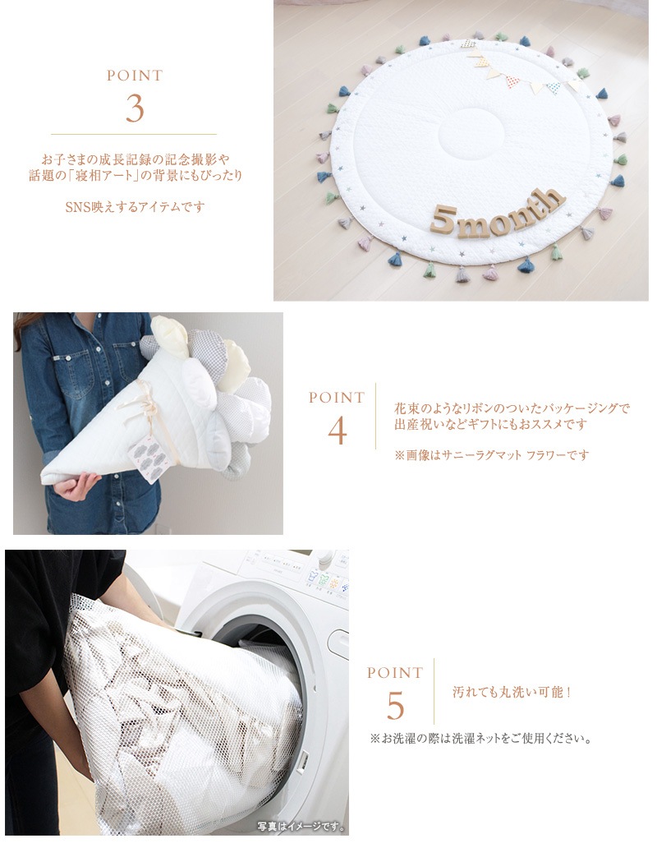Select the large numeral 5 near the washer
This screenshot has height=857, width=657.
(395, 706)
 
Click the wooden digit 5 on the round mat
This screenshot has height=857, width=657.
(441, 219)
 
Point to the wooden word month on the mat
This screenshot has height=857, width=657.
(508, 211)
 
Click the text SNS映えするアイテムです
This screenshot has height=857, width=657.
(135, 206)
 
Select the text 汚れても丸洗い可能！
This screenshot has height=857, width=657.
(512, 692)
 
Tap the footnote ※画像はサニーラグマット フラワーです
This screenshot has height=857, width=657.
(492, 454)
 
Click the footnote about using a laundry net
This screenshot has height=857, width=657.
(481, 740)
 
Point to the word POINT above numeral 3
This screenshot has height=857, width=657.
(135, 76)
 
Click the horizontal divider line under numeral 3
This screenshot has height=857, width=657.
(134, 134)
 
